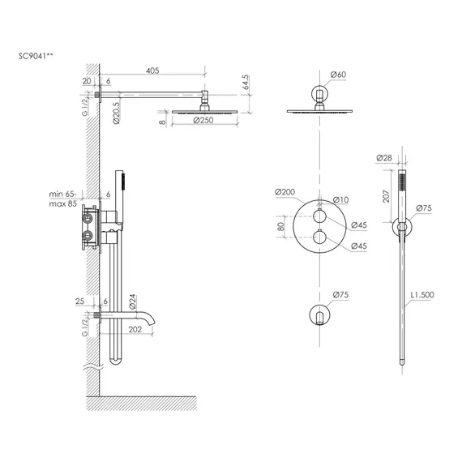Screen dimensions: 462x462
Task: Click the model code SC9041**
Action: tap(36, 56)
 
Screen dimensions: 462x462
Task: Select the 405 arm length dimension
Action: tap(152, 71)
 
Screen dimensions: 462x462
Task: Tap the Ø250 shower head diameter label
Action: tap(203, 120)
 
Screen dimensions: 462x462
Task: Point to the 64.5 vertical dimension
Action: tap(246, 82)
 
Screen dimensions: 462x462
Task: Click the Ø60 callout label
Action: tap(338, 75)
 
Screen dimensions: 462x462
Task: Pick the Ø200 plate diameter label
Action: tap(284, 192)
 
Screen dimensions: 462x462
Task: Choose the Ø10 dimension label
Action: tap(340, 199)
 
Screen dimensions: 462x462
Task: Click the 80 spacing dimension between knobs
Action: tap(280, 227)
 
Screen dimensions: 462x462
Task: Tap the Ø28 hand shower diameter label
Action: tap(384, 158)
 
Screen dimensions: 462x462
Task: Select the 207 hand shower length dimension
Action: tap(386, 196)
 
